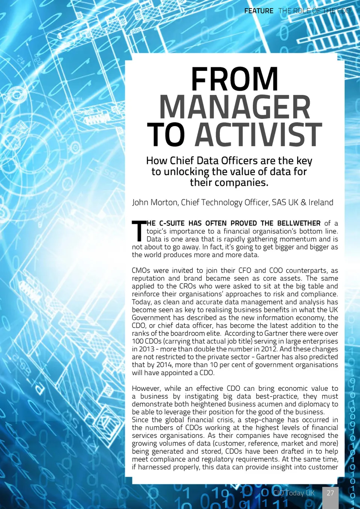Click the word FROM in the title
point(234,79)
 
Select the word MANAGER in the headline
point(235,107)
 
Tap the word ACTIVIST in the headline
point(258,135)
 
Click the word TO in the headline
point(166,135)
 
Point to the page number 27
point(330,493)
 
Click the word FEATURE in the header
point(259,11)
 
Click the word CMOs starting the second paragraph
point(141,270)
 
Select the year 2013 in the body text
point(147,349)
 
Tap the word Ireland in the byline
point(321,203)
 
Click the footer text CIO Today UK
point(294,493)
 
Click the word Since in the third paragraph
point(140,420)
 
